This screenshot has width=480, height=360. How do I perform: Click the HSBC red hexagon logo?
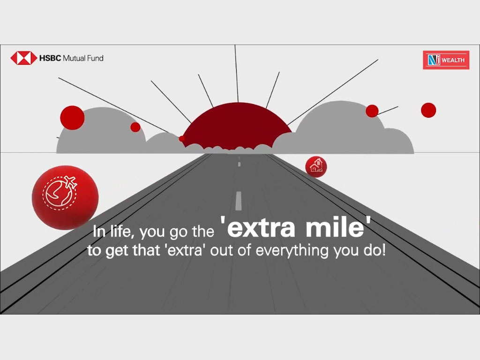click(x=23, y=58)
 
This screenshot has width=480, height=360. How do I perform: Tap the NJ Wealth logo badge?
click(x=446, y=60)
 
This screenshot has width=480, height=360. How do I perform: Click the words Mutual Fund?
click(x=83, y=58)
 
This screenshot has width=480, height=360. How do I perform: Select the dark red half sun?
click(x=237, y=126)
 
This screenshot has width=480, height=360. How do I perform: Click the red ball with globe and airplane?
click(x=65, y=197)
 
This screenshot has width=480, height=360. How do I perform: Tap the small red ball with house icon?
click(x=316, y=167)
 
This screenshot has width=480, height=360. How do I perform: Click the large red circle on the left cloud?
click(x=72, y=118)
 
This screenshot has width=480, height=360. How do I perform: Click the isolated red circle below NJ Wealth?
click(x=428, y=110)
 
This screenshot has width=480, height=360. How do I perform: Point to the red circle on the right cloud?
click(x=372, y=111)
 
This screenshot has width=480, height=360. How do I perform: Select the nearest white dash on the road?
click(x=239, y=201)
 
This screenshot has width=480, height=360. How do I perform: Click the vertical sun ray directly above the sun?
click(x=237, y=74)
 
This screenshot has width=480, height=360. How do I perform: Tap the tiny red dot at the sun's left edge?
click(x=182, y=139)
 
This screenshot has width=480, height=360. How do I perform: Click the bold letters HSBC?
click(x=50, y=58)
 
